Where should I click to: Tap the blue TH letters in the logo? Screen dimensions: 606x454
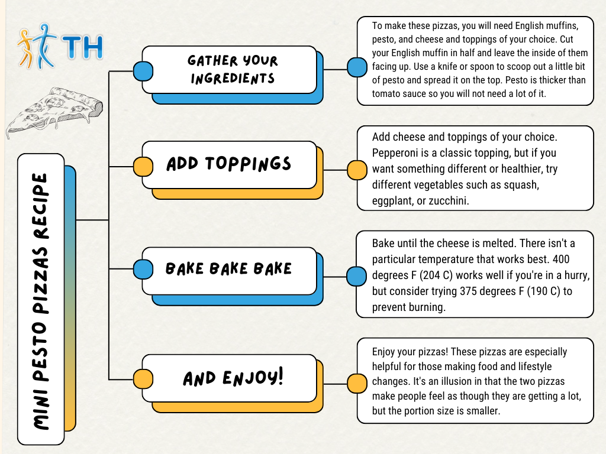tap(83, 47)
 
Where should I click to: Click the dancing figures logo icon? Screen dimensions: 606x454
tap(37, 46)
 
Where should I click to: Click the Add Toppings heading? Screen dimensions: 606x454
tap(228, 164)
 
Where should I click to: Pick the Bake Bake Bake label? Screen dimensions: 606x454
tap(228, 269)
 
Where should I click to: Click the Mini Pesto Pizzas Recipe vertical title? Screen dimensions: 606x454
tap(41, 301)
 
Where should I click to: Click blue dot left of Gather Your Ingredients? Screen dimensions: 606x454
tap(143, 71)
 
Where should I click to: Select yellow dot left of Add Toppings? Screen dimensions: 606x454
tap(143, 167)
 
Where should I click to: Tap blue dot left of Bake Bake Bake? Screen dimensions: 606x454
tap(143, 269)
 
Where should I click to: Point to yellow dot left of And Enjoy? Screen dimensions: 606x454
tap(143, 379)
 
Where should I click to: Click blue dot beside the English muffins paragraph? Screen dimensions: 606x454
tap(357, 67)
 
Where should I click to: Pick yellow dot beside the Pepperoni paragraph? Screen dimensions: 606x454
tap(357, 170)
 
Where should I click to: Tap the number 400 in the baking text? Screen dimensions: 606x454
tap(561, 259)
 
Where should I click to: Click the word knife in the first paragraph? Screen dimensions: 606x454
tap(449, 66)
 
